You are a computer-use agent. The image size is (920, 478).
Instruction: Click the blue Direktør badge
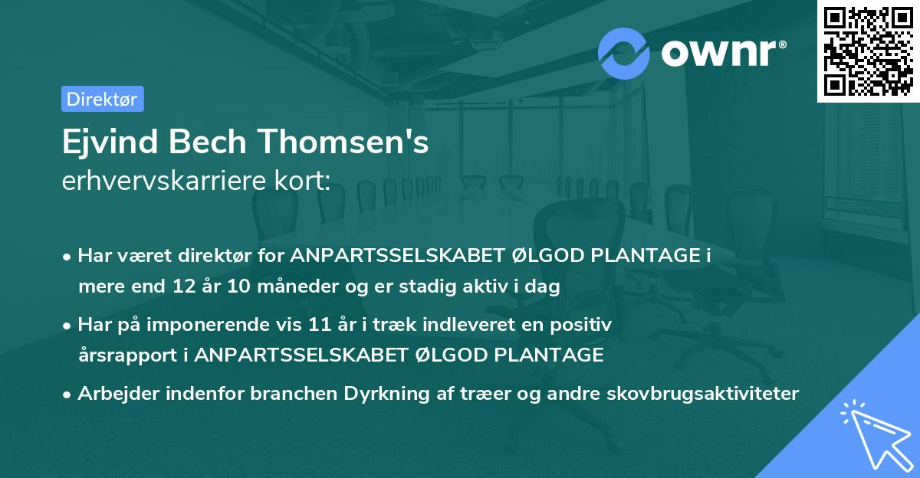102,99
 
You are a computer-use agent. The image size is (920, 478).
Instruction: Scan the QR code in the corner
868,51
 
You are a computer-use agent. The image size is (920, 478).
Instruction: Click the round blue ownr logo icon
624,53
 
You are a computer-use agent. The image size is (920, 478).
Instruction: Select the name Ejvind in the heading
103,142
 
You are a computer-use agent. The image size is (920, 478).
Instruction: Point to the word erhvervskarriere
164,182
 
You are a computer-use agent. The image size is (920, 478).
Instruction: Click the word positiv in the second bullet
586,325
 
